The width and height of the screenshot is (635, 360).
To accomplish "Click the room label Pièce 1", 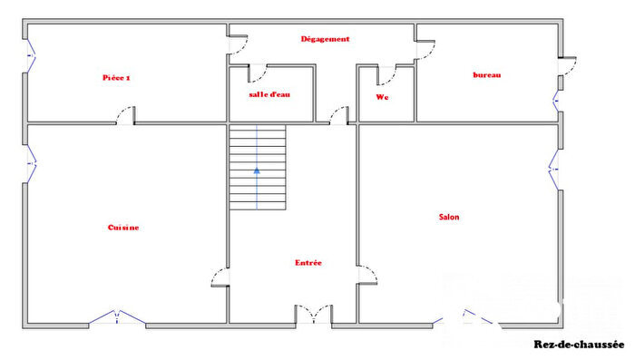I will [116, 78].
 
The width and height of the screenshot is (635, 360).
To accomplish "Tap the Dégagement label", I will [325, 39].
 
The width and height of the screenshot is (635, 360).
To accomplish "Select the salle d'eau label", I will [269, 95].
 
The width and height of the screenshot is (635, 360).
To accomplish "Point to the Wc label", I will [382, 97].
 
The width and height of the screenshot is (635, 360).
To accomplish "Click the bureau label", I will [487, 75].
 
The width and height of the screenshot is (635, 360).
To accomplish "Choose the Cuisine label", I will [123, 228].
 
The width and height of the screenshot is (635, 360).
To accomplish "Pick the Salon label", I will [448, 217].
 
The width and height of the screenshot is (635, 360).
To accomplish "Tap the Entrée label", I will [308, 263].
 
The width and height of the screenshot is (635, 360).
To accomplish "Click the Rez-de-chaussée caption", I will [579, 345].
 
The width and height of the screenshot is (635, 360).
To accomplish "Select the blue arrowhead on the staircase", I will [257, 169].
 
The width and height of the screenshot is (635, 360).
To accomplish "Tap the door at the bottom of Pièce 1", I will [126, 115].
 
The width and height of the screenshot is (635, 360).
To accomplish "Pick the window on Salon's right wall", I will [555, 167].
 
